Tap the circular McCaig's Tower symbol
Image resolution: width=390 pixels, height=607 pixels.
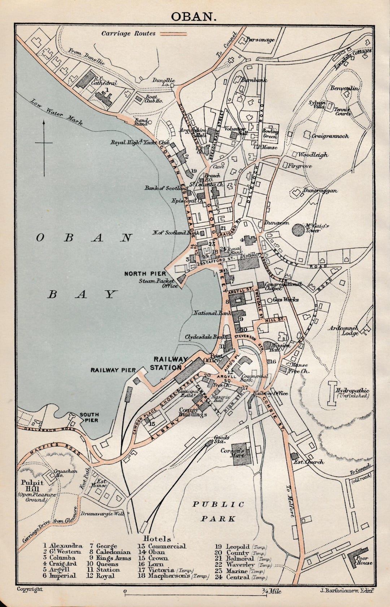coord(298,229)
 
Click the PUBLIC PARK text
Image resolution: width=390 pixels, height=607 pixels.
coord(218,512)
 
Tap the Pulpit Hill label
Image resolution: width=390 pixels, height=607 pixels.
coord(32,485)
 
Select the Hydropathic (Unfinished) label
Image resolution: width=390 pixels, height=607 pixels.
coord(352,393)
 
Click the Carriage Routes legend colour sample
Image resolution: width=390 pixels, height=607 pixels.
coord(173,34)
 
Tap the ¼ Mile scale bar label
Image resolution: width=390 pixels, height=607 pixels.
coord(272,592)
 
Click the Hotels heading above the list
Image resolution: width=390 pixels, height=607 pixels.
coord(157,539)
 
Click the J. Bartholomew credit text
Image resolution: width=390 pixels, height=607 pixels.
coord(346,591)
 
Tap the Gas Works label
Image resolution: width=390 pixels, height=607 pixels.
coord(286,300)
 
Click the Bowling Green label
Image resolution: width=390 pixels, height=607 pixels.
coord(270,134)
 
